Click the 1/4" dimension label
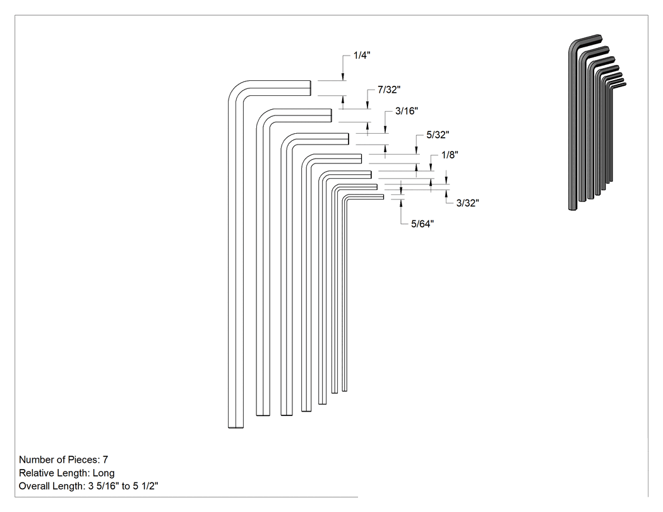pos(362,56)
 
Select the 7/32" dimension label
pos(389,90)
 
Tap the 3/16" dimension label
pos(407,111)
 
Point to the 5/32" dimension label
pos(438,135)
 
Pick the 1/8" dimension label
pos(450,155)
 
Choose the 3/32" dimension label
pos(468,203)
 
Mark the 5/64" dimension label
pos(422,224)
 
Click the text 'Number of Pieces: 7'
pos(63,460)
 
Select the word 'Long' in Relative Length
pos(104,473)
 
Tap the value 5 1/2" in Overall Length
pos(145,486)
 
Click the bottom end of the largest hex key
pos(236,427)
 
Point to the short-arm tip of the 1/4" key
pos(311,88)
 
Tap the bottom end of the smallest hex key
pos(345,390)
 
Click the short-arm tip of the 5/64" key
pos(383,196)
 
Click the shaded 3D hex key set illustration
pos(597,122)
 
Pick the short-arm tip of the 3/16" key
pos(348,139)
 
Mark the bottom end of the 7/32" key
pos(263,415)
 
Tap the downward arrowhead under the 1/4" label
pos(343,78)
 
